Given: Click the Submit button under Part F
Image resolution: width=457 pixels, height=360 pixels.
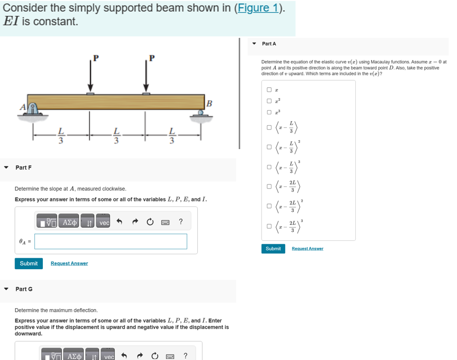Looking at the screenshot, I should tap(28, 263).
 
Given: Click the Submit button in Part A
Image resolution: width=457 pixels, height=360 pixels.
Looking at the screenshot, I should tap(273, 248).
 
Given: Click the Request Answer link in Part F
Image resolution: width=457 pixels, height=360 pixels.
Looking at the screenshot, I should tap(69, 263).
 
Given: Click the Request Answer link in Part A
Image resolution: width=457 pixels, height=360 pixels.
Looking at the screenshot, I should tap(307, 248).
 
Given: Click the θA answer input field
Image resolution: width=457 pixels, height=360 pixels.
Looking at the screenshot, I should tap(111, 241).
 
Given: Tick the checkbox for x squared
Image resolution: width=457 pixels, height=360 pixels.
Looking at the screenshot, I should tap(269, 101).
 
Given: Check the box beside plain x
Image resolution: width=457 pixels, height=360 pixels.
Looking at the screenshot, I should tap(269, 90).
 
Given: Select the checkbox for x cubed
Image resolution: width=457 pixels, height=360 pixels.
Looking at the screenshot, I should tap(269, 112).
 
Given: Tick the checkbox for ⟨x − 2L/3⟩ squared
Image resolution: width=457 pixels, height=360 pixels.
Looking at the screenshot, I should tap(269, 205).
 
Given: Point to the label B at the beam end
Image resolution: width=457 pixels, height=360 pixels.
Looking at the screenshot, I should tap(209, 104).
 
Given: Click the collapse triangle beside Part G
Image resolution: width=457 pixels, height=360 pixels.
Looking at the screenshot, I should tap(6, 289).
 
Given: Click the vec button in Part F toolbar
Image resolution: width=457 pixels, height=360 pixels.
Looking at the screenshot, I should tap(104, 223).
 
